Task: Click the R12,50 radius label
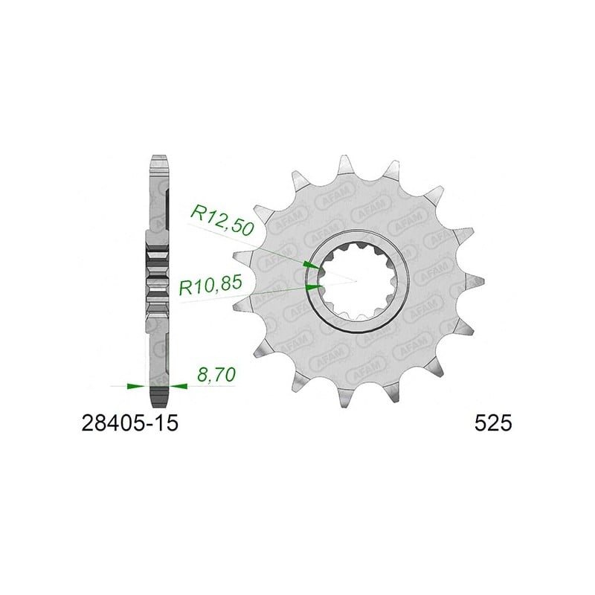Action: click(x=222, y=221)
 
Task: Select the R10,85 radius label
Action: click(x=210, y=286)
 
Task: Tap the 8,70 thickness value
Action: click(x=216, y=375)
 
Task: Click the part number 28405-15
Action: click(x=129, y=423)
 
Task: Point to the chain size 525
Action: click(x=493, y=423)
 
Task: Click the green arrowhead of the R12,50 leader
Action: click(x=313, y=265)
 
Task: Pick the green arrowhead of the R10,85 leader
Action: click(x=314, y=287)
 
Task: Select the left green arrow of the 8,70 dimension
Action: click(x=136, y=386)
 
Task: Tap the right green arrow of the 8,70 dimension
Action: click(x=178, y=386)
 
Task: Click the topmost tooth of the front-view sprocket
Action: click(x=344, y=164)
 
